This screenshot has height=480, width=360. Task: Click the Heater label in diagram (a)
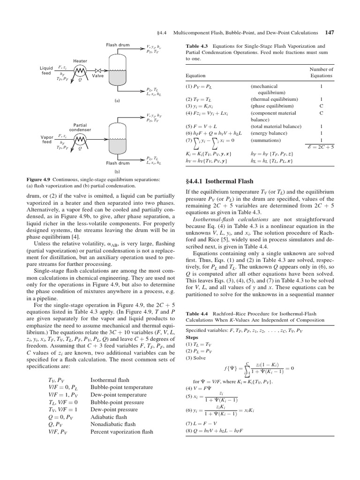80,61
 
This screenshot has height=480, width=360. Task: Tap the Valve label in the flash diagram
98,75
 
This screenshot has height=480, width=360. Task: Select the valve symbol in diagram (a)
98,70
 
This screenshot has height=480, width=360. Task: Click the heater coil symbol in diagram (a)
80,70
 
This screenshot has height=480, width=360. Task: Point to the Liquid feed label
46,70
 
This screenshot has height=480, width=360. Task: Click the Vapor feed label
47,139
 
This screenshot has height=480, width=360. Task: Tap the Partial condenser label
80,127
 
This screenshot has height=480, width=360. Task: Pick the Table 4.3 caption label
197,46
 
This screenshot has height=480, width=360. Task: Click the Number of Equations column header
321,72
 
